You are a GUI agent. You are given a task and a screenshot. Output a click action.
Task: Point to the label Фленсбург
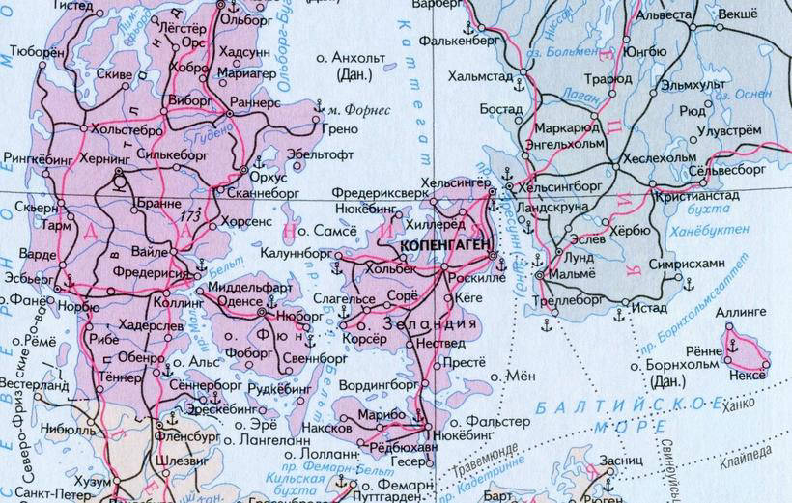tap(186, 435)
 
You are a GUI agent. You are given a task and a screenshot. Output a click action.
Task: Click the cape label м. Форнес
tap(357, 110)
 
